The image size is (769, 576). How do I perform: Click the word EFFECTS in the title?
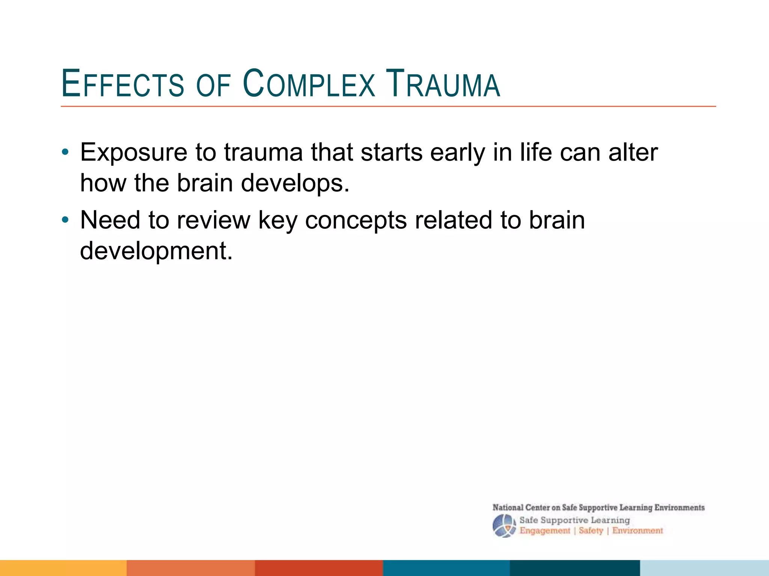tap(122, 84)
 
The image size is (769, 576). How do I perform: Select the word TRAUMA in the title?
tap(443, 84)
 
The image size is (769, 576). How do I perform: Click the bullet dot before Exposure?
tap(65, 152)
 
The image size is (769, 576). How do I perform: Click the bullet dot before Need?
tap(65, 220)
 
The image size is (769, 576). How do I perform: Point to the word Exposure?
tap(134, 153)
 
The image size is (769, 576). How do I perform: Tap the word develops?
tap(295, 184)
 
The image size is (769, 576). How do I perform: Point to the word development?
tap(156, 251)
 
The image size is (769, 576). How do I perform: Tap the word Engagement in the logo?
tap(544, 531)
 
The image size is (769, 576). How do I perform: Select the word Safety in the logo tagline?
tap(591, 531)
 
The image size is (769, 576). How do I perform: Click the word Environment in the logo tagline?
tap(638, 531)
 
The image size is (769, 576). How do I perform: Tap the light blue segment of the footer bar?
tap(704, 568)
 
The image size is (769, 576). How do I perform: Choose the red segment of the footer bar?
tap(319, 568)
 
